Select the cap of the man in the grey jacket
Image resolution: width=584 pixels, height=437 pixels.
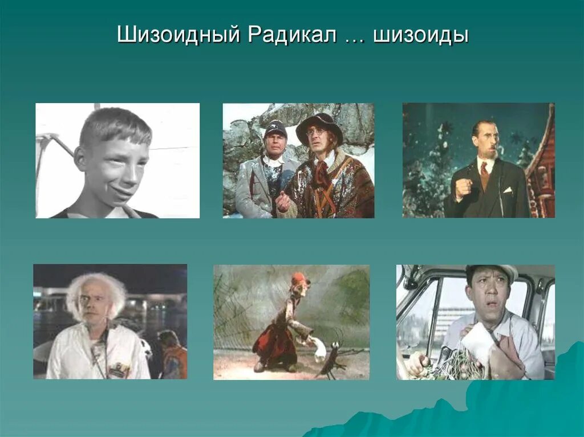click(x=275, y=128)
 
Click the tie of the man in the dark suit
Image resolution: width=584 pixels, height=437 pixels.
click(x=484, y=170)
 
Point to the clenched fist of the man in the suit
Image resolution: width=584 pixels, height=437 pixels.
click(x=463, y=188)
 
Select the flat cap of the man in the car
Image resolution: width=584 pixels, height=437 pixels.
click(x=492, y=271)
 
